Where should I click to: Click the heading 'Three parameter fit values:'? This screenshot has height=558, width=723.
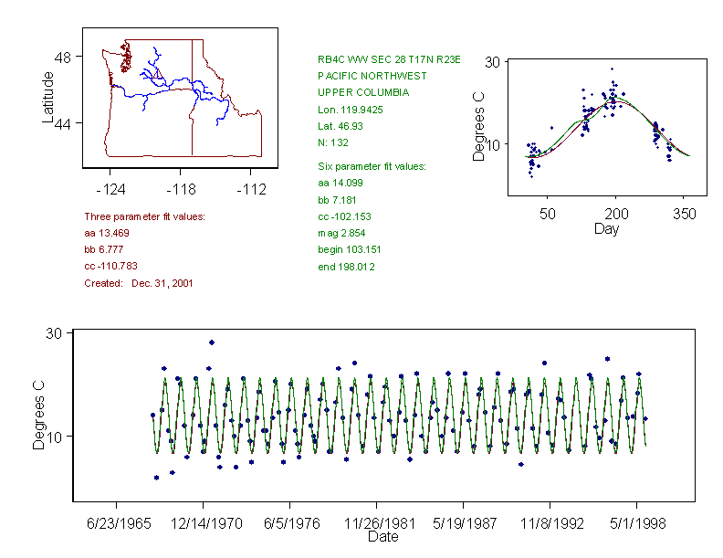pyautogui.click(x=144, y=216)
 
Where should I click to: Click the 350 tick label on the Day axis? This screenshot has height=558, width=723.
pyautogui.click(x=685, y=214)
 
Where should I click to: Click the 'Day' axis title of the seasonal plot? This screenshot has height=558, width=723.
pyautogui.click(x=606, y=228)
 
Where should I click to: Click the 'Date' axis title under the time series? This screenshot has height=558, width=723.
pyautogui.click(x=382, y=537)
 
